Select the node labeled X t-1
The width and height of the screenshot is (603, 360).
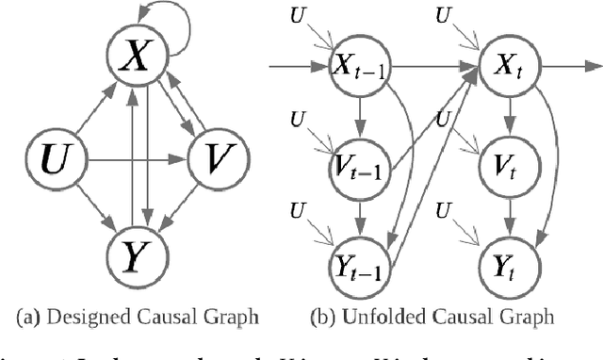tap(359, 67)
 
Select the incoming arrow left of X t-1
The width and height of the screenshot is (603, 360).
tap(297, 67)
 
